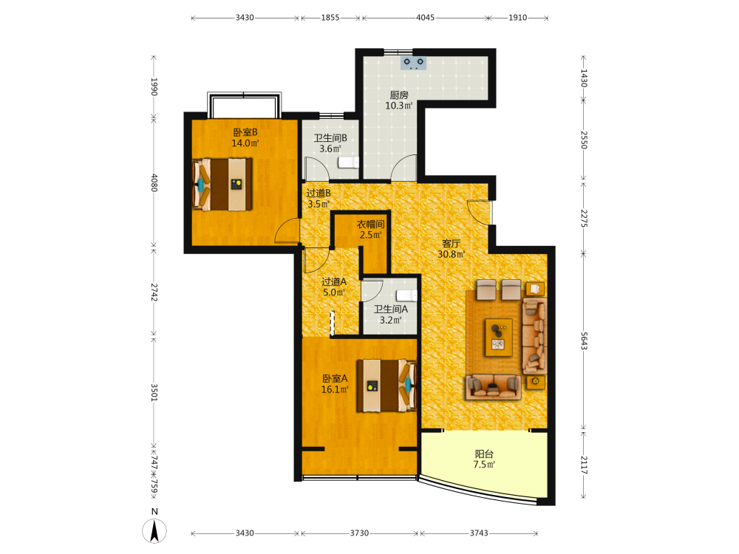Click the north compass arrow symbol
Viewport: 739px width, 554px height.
[x=154, y=530]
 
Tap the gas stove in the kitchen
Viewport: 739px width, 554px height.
[x=413, y=63]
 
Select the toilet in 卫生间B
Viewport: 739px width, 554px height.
[x=348, y=163]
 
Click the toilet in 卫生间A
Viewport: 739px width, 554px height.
[x=406, y=295]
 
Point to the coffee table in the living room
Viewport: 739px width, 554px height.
[x=499, y=338]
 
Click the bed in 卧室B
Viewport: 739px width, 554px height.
[x=222, y=184]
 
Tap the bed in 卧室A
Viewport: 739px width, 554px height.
[x=386, y=386]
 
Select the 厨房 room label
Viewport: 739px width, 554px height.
[x=399, y=95]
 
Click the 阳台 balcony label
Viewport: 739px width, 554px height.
[x=484, y=454]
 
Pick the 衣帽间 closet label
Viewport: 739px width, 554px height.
[x=370, y=225]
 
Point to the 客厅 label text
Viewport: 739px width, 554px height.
[x=451, y=244]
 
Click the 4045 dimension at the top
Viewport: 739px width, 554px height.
[x=425, y=18]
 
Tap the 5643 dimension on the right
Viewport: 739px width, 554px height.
[x=584, y=341]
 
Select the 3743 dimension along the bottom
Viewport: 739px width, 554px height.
[x=479, y=533]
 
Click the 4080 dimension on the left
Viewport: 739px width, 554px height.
[x=154, y=182]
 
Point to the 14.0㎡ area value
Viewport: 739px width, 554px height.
[x=245, y=143]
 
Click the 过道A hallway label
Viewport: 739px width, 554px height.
[x=334, y=281]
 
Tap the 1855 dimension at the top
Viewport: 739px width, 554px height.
[x=330, y=18]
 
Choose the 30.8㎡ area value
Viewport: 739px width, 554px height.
[x=452, y=254]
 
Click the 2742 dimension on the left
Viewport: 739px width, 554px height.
[x=154, y=292]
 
